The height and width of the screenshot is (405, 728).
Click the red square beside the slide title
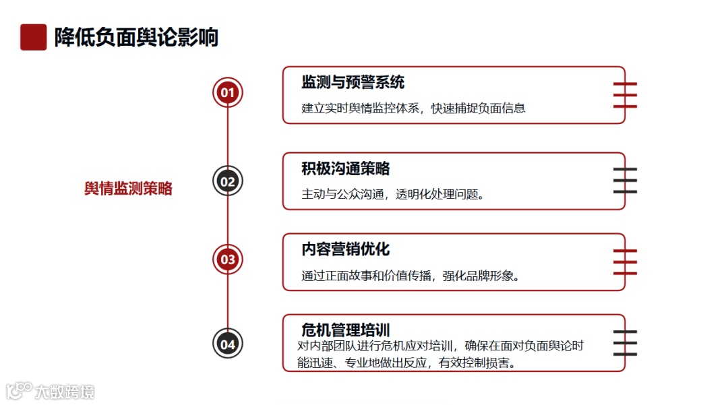[33, 37]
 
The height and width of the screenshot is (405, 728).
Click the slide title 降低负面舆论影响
[137, 37]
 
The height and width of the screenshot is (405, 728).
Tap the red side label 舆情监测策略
[128, 189]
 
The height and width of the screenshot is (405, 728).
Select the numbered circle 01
[228, 92]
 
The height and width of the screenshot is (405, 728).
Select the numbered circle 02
[228, 181]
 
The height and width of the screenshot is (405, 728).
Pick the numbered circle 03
[228, 259]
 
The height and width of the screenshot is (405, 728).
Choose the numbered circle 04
[228, 344]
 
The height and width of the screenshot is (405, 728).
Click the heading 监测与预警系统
[353, 83]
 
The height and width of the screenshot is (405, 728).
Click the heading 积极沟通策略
[346, 168]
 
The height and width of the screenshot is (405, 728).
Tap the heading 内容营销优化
[346, 249]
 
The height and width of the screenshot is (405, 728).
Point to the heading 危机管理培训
[346, 330]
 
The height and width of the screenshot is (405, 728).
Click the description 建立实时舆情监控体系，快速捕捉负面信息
[413, 108]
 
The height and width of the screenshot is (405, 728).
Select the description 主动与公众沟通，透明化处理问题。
[393, 194]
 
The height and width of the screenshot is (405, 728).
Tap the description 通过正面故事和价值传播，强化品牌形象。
[410, 276]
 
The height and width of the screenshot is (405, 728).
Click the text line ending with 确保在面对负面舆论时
[440, 346]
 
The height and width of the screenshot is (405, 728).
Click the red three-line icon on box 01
[625, 95]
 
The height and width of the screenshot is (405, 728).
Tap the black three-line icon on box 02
[625, 181]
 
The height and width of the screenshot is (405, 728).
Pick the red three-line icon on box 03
[625, 261]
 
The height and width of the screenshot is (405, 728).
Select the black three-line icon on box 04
[625, 343]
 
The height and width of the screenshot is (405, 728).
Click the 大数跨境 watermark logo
[51, 391]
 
